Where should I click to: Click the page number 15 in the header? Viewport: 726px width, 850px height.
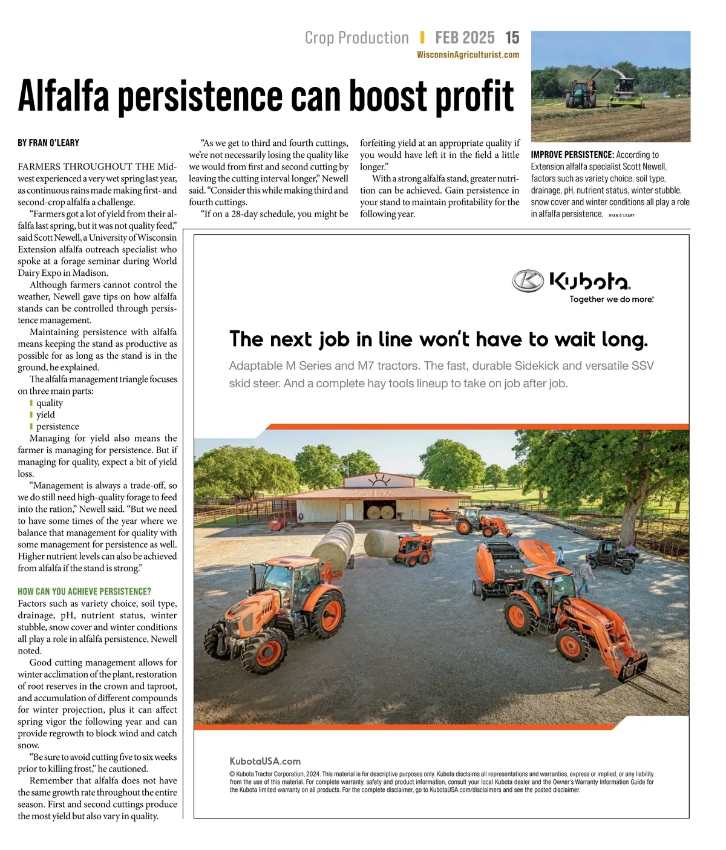pos(512,38)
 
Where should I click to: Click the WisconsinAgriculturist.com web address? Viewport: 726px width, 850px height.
pos(468,55)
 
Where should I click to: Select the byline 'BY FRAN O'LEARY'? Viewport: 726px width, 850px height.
pos(48,143)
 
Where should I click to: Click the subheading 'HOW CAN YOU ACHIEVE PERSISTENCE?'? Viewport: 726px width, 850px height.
pos(84,592)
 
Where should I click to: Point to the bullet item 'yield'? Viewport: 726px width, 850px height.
pos(45,415)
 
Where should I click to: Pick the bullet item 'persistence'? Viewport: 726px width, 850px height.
pos(57,427)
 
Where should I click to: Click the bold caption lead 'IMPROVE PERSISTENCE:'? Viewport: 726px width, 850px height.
pos(572,155)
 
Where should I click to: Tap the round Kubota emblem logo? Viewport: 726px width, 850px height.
pos(528,281)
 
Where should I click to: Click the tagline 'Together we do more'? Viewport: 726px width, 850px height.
pos(611,299)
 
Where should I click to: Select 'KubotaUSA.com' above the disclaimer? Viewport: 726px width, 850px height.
pos(264,761)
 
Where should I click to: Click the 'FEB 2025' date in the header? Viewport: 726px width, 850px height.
pos(465,38)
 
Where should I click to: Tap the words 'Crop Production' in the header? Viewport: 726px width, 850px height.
pos(357,38)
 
